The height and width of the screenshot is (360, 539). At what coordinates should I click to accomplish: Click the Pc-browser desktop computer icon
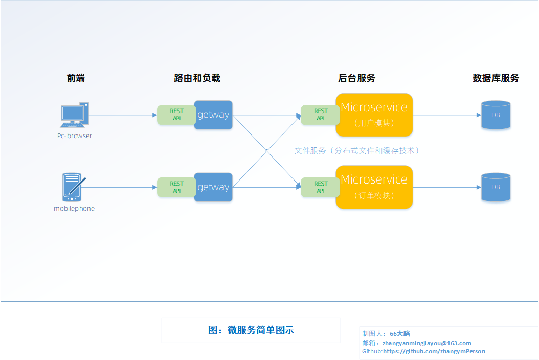coord(75,115)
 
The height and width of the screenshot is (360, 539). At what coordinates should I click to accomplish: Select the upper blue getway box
coord(213,115)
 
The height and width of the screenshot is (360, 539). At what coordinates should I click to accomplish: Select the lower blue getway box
coord(213,187)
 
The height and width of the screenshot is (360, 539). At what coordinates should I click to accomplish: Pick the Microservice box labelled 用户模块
coord(374,115)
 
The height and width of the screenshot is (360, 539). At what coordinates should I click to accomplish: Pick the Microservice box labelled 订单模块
coord(374,187)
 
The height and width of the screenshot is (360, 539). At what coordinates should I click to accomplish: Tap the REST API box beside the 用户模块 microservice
coord(320,115)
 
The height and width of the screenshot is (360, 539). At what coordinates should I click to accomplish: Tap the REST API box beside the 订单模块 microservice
coord(320,187)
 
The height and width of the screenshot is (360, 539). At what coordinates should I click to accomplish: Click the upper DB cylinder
coord(496,115)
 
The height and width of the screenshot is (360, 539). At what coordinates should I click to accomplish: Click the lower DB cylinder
coord(496,187)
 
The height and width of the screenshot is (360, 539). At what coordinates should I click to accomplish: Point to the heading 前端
coord(76,78)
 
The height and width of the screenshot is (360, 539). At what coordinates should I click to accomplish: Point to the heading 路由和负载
coord(197,78)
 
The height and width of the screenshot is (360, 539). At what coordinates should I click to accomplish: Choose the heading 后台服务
coord(356,78)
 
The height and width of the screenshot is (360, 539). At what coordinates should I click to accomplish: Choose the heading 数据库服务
coord(496,78)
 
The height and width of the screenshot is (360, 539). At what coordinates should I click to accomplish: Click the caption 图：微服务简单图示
coord(251,330)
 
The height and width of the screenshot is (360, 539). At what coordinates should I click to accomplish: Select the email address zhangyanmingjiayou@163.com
coord(427,343)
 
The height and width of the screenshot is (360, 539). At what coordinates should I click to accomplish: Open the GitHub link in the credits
coord(434,351)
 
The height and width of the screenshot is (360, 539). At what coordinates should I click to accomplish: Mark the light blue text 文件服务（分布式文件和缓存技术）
coord(356,151)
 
